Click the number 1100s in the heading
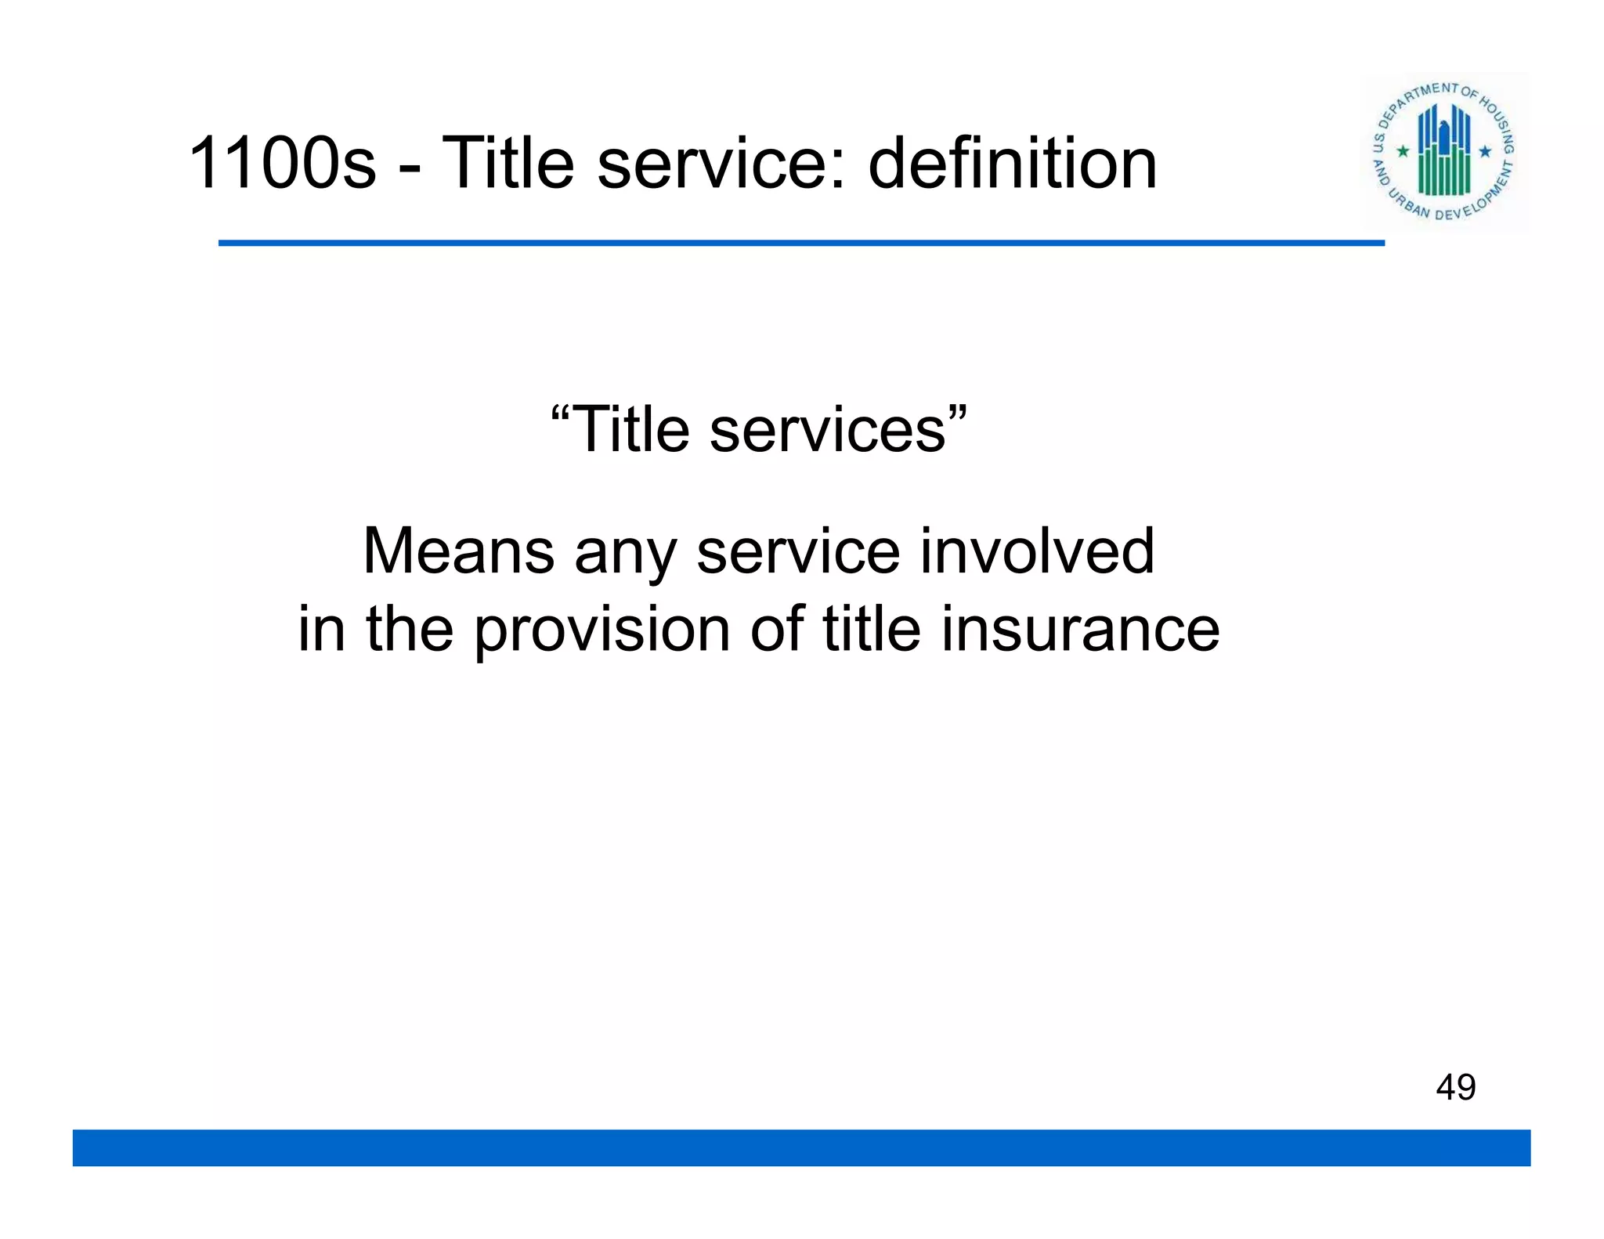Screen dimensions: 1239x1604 coord(282,163)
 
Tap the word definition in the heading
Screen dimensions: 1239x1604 coord(1012,163)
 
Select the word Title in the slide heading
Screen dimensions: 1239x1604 coord(508,163)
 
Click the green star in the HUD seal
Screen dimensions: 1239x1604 coord(1403,150)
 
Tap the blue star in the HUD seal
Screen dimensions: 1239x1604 coord(1485,150)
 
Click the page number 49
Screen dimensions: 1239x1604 coord(1455,1087)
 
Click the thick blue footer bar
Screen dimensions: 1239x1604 coord(801,1147)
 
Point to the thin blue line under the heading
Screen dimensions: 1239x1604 coord(801,244)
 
